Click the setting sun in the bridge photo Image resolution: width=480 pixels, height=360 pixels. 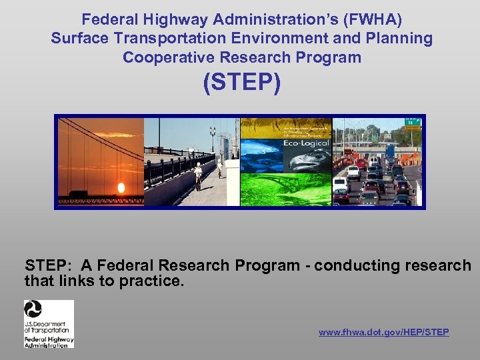(121, 187)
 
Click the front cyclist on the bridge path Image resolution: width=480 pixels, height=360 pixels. (198, 175)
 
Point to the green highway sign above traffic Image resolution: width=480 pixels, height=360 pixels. (414, 122)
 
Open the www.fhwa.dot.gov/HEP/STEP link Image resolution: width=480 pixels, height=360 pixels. (383, 332)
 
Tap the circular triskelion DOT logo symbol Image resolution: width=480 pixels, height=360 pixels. (33, 309)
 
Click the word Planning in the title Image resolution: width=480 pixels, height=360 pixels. (403, 38)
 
